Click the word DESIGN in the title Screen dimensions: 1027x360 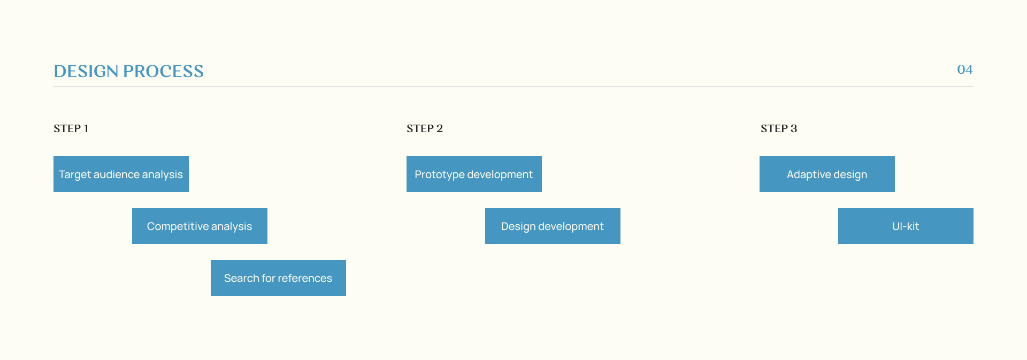click(x=86, y=71)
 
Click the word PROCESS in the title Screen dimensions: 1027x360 click(x=163, y=71)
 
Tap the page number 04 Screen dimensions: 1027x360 click(x=964, y=70)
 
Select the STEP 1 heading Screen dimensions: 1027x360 click(x=71, y=128)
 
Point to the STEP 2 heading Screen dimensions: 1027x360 click(x=425, y=128)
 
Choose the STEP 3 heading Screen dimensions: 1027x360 click(x=779, y=128)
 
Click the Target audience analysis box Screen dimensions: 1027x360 click(x=121, y=174)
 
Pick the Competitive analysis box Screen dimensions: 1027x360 click(x=200, y=226)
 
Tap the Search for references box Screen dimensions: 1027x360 click(x=278, y=278)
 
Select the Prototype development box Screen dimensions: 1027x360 click(x=474, y=174)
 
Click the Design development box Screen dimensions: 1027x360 click(x=553, y=226)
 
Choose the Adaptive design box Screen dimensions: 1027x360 click(x=827, y=174)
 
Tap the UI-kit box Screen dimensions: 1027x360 click(x=906, y=226)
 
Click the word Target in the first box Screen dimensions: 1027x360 click(x=75, y=175)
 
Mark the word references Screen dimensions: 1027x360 click(x=305, y=278)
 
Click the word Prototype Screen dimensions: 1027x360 click(x=440, y=175)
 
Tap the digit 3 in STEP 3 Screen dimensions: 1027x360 click(x=794, y=128)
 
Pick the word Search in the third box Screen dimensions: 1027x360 click(x=241, y=278)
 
